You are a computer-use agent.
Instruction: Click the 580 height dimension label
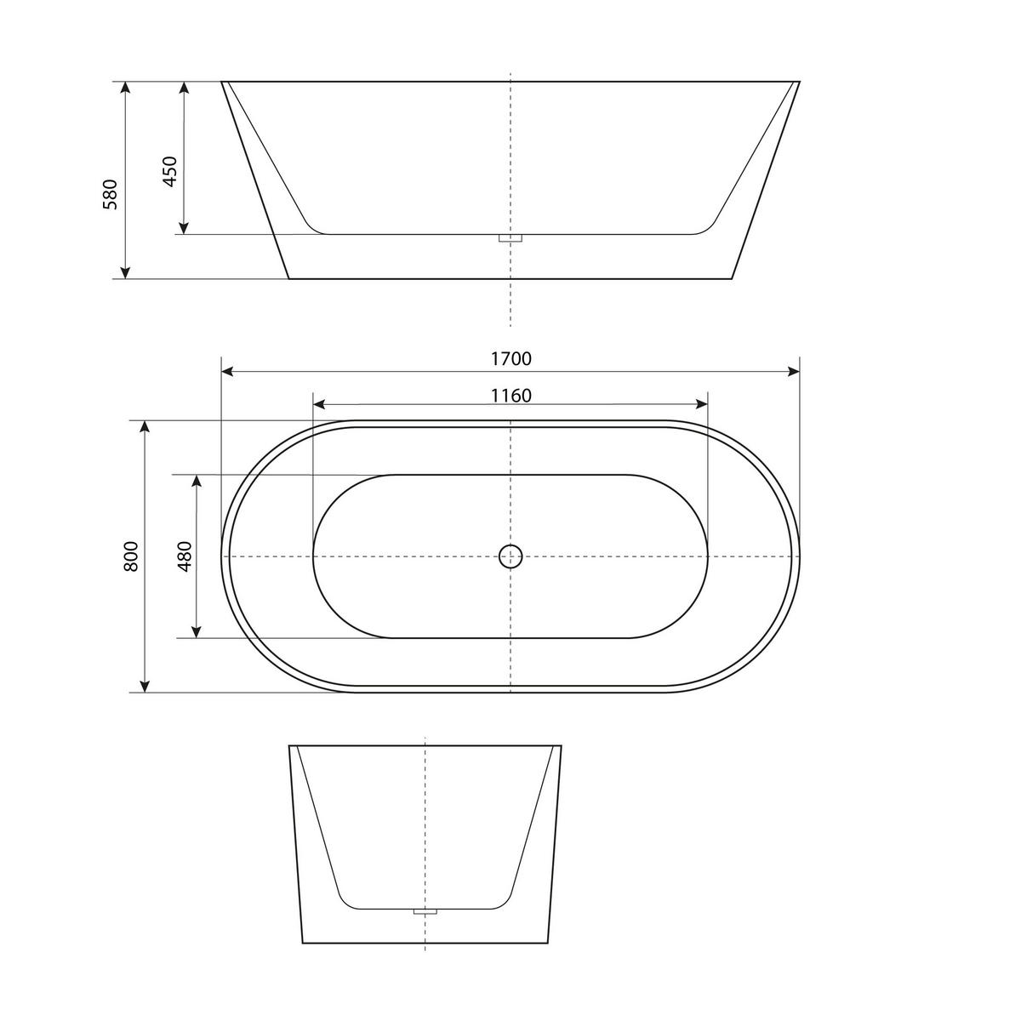coord(110,194)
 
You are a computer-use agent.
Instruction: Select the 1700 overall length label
coord(510,359)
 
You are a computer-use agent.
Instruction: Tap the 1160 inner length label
coord(510,396)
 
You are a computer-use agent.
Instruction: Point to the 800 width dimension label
coord(131,556)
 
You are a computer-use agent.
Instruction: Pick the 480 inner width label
coord(185,556)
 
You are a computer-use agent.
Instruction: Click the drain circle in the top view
coord(510,556)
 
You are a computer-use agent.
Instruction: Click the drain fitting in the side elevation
coord(510,238)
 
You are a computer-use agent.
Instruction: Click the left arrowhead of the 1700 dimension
coord(227,371)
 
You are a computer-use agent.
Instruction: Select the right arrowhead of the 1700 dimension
coord(794,371)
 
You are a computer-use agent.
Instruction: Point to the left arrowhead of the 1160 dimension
coord(320,405)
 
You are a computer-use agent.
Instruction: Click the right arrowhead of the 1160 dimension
coord(702,405)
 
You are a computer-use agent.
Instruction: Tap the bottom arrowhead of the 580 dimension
coord(125,272)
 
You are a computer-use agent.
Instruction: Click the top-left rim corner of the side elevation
coord(222,83)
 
